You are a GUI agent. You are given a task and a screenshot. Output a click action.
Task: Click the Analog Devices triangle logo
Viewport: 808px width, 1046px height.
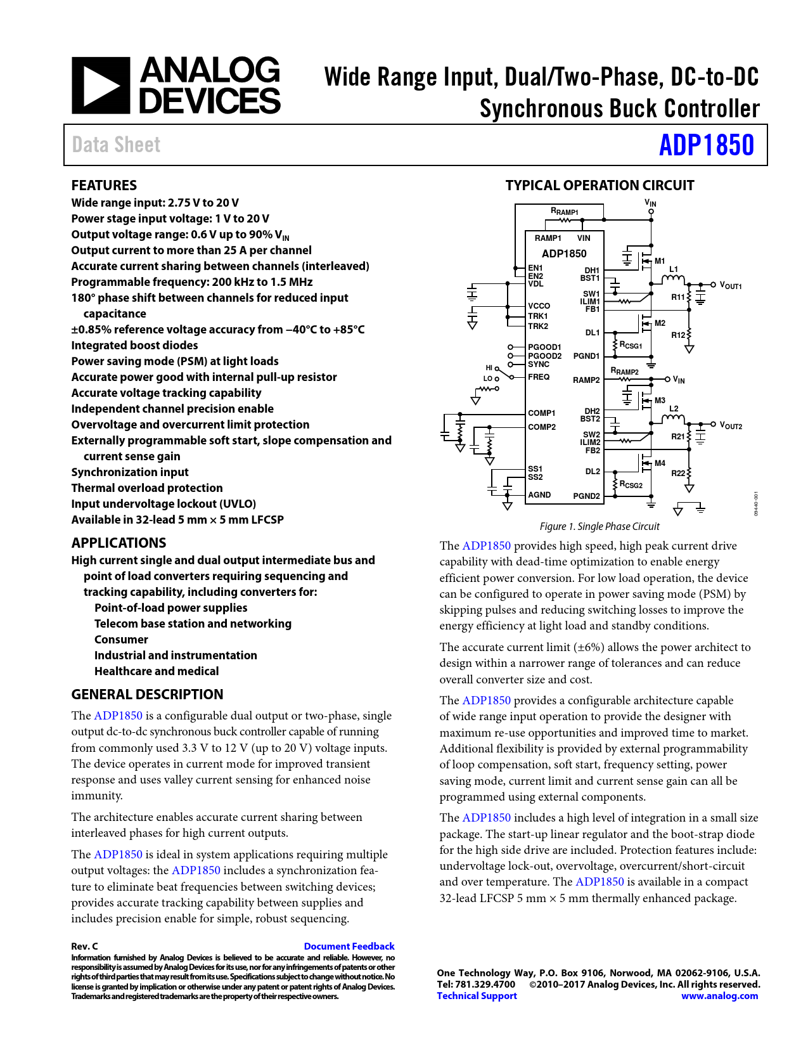101,86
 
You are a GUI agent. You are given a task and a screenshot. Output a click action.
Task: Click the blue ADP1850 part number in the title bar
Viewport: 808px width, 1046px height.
706,145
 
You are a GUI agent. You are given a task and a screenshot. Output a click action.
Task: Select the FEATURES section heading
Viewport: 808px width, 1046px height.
104,185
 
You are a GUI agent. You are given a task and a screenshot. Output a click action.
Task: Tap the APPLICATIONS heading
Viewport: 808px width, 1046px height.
119,543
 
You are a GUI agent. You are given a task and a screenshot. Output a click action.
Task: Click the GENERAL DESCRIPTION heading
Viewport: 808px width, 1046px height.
147,694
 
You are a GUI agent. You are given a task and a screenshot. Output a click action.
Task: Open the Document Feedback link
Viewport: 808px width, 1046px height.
349,946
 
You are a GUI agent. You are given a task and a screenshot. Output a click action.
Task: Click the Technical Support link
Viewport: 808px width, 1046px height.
477,995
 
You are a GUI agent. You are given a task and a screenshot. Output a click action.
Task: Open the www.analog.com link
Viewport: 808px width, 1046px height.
719,995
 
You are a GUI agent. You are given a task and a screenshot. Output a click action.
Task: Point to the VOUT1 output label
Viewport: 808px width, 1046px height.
730,285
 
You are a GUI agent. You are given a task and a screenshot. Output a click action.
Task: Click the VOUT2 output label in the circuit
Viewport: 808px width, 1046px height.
730,425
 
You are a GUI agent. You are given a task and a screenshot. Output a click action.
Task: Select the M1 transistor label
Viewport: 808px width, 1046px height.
660,261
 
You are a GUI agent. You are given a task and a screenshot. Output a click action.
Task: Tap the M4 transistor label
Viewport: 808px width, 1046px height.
660,463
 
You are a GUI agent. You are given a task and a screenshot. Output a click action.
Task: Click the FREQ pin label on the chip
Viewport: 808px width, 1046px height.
539,377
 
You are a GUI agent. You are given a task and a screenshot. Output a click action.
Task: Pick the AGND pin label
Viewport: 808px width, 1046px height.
539,494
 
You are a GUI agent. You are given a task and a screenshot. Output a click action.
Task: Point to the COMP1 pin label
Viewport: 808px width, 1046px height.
541,413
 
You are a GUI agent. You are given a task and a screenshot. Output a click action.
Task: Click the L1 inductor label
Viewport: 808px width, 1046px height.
674,269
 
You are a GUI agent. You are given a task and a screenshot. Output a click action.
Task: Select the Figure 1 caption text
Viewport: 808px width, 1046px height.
599,526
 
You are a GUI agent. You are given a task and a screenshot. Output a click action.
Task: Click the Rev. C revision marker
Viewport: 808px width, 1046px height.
84,946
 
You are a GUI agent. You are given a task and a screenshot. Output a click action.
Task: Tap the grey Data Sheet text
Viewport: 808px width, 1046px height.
116,145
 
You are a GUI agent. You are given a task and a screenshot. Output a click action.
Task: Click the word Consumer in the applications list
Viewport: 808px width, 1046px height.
121,639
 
